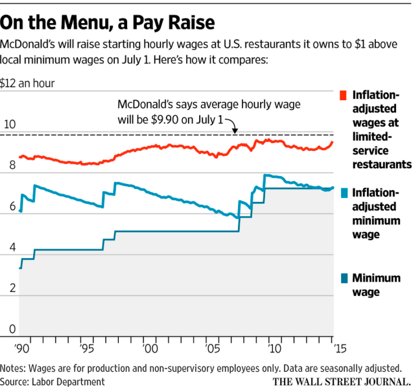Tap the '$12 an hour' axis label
(28, 83)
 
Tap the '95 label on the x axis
(86, 348)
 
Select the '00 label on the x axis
(150, 348)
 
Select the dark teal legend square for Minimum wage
(344, 277)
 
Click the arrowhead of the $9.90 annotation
(235, 131)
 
